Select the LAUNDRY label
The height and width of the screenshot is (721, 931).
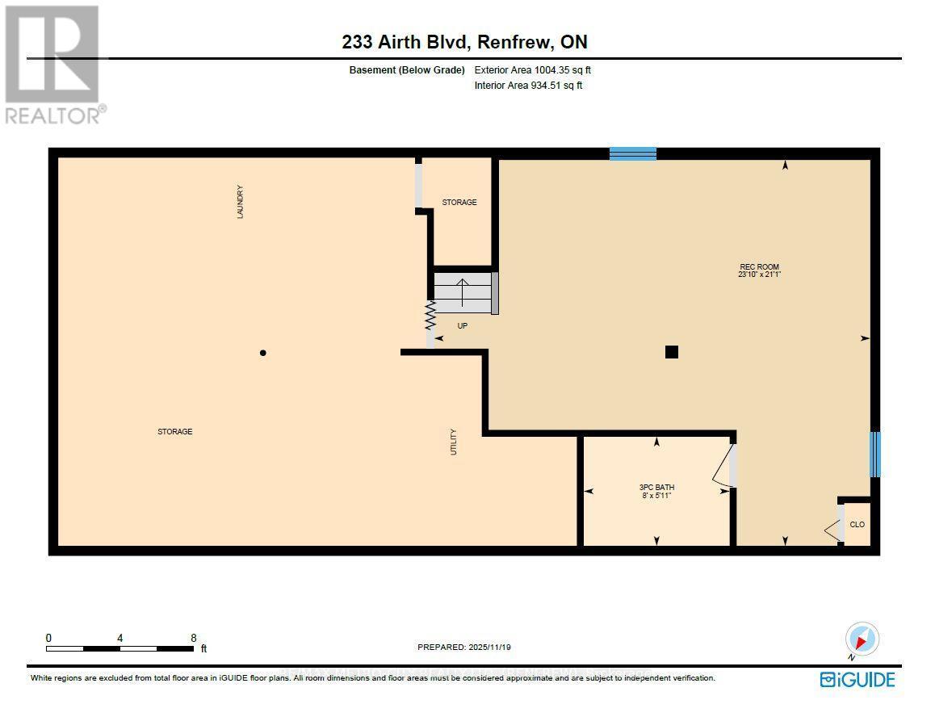click(240, 202)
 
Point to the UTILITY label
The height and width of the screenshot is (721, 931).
click(454, 442)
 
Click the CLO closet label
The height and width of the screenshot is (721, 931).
click(857, 525)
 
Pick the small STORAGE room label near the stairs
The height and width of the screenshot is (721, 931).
click(459, 203)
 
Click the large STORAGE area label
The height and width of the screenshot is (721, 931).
click(174, 432)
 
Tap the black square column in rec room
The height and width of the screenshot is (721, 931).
click(671, 351)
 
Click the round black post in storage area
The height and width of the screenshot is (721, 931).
click(262, 353)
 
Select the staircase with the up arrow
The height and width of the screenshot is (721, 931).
click(463, 292)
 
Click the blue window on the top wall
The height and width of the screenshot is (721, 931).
click(632, 153)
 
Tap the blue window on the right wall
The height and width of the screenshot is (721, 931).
click(874, 454)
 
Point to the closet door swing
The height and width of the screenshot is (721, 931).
click(832, 530)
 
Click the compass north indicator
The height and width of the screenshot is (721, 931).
click(861, 639)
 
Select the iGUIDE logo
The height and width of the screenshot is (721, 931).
click(857, 679)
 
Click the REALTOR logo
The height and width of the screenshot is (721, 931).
click(53, 65)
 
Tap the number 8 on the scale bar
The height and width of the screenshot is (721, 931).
click(193, 637)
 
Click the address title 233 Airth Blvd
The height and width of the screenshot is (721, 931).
click(464, 43)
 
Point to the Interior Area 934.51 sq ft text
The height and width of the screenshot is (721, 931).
click(528, 85)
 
